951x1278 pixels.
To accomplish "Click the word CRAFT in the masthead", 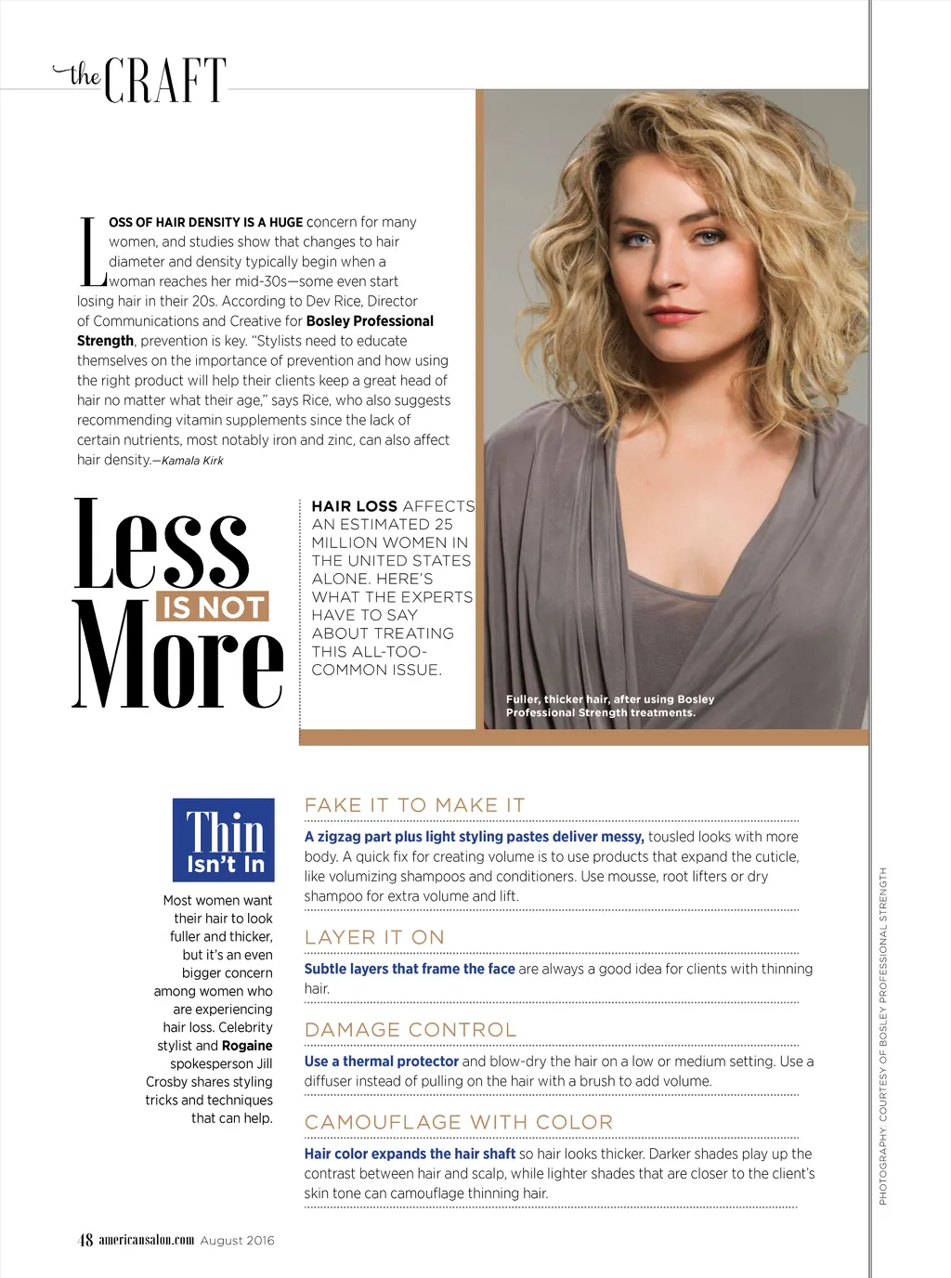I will point(165,81).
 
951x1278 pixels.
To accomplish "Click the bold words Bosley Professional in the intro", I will point(370,321).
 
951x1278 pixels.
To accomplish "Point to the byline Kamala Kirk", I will point(192,461).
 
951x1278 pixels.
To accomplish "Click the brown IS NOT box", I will point(214,607).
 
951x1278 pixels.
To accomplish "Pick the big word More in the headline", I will point(176,656).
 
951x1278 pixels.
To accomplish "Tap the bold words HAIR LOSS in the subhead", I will point(354,506).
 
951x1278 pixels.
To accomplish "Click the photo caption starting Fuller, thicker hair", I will point(609,706).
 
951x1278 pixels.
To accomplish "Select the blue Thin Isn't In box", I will point(224,840).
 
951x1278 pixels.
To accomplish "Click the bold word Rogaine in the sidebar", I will point(247,1046).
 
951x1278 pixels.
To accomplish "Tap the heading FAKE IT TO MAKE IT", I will point(415,805).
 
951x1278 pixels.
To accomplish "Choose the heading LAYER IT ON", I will point(374,937).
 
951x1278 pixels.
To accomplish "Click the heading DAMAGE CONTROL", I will point(410,1030).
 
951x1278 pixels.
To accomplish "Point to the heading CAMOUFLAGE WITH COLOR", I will point(459,1122).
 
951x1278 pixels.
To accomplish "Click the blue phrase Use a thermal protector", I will point(381,1062).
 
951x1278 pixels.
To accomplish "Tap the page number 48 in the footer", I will point(85,1240).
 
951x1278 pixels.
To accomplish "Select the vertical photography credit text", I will point(883,1036).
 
